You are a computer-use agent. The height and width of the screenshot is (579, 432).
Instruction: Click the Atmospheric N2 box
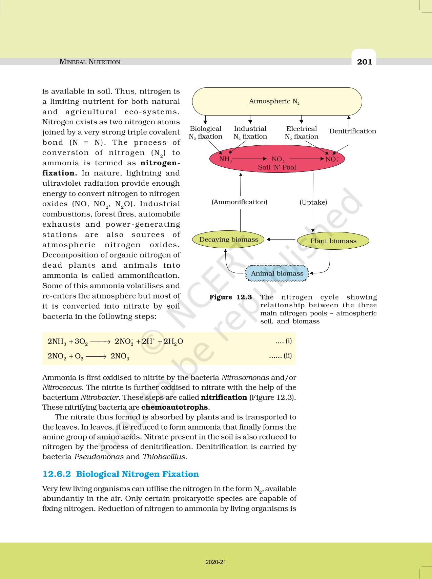coord(277,101)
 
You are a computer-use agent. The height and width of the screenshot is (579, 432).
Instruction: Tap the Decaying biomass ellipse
coord(229,240)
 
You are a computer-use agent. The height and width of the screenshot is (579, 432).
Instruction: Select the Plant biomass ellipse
coord(333,241)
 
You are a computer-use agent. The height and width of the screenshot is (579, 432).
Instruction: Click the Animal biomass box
coord(277,273)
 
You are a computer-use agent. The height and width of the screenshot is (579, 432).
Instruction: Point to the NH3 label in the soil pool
coord(225,159)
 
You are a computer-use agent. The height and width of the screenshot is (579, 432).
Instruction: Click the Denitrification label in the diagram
coord(352,131)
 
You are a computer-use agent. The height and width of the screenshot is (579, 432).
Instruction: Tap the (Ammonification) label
coord(239,202)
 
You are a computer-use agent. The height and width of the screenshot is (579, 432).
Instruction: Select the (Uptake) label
coord(313,202)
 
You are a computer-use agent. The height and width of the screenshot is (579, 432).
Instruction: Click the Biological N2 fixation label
coord(205,132)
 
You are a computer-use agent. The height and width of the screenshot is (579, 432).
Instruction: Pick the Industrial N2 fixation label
coord(250,132)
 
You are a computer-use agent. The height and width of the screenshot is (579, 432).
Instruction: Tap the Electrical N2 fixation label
coord(301,132)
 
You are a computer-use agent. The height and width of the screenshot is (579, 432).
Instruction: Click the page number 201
coord(364,62)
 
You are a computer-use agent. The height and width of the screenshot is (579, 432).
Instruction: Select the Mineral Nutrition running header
coord(89,62)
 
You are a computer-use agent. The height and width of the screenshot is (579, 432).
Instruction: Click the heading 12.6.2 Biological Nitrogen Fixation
coord(121,474)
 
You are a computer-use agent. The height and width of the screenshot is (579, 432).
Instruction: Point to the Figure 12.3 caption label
coord(230,297)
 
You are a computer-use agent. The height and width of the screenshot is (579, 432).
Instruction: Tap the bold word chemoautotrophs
coord(174,407)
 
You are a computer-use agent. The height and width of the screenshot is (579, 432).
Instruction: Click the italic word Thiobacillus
coord(164,456)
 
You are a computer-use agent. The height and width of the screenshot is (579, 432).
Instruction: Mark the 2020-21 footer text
coord(216,562)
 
